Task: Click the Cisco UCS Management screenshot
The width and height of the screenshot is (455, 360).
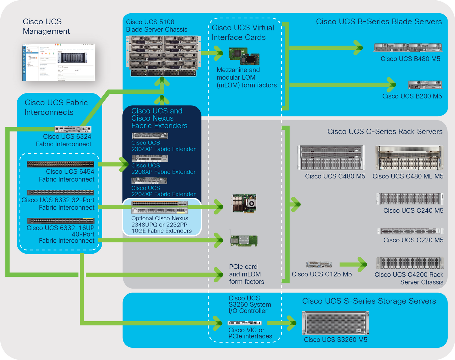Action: [x=59, y=62]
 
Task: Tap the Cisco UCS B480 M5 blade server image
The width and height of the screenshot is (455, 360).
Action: [x=407, y=48]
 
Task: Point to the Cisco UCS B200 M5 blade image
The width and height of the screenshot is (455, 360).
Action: [x=425, y=85]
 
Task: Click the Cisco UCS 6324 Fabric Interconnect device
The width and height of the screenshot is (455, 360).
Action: [x=73, y=129]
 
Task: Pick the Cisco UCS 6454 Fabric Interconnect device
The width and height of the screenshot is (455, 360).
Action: [x=60, y=164]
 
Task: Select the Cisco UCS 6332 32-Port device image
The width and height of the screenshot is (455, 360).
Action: [x=60, y=192]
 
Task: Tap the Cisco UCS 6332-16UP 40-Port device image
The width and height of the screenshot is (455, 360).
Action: [x=60, y=221]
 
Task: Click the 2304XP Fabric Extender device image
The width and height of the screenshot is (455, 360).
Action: [x=150, y=136]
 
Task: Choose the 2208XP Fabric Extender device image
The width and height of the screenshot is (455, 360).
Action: [x=150, y=158]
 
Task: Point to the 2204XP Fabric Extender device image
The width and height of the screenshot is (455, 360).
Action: [x=149, y=181]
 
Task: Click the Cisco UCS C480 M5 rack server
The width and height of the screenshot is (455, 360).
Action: [x=331, y=158]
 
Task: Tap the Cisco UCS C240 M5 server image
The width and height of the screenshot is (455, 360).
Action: [x=410, y=199]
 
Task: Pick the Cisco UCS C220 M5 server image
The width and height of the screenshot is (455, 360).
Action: [x=410, y=231]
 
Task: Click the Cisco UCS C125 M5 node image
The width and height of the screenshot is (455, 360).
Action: [x=319, y=264]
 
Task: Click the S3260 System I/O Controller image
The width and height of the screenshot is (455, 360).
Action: [x=244, y=323]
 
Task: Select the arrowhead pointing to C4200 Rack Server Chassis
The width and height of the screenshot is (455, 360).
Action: [x=361, y=264]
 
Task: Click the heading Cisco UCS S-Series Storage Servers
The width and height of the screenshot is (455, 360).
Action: [x=369, y=301]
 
